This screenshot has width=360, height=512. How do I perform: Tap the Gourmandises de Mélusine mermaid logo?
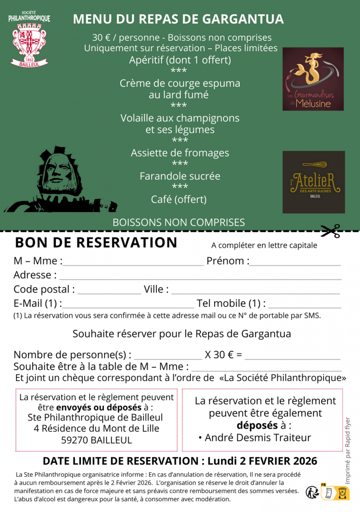click(x=313, y=79)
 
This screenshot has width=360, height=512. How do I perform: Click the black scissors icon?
click(x=330, y=231)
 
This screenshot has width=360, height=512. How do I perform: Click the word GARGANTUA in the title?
click(x=243, y=19)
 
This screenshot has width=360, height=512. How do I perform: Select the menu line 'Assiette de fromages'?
click(x=180, y=153)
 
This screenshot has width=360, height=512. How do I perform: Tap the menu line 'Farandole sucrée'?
click(x=180, y=176)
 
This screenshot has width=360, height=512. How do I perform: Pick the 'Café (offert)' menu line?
click(x=179, y=199)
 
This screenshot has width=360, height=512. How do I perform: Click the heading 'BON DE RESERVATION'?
click(x=96, y=242)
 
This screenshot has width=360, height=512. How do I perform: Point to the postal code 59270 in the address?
click(x=75, y=440)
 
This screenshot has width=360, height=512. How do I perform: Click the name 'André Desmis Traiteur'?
click(x=258, y=438)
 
